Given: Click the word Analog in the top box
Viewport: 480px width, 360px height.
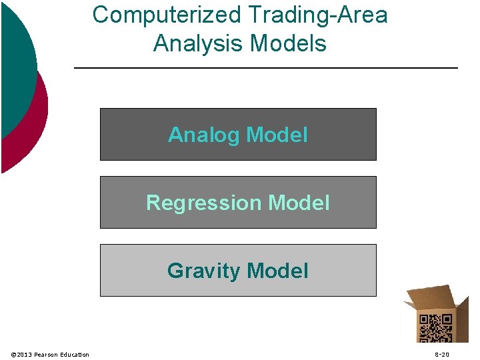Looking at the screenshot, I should pyautogui.click(x=204, y=135).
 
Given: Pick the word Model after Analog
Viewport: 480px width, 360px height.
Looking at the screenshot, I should pyautogui.click(x=277, y=135).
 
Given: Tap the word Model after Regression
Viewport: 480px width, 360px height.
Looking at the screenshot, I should pyautogui.click(x=299, y=203).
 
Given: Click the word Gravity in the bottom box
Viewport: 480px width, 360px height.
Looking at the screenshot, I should pyautogui.click(x=203, y=271).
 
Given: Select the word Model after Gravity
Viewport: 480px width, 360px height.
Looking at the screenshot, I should pyautogui.click(x=277, y=271).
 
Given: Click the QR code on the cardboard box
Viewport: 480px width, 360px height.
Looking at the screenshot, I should pyautogui.click(x=435, y=328).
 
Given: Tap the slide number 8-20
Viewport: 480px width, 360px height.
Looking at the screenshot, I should pyautogui.click(x=442, y=354).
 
